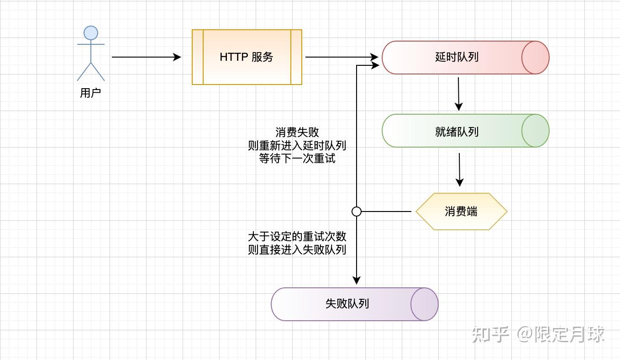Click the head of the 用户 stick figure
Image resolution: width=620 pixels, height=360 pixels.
(x=91, y=33)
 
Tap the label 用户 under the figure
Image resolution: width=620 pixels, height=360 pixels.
(x=90, y=93)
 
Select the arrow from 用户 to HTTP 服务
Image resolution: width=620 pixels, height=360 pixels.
(x=146, y=57)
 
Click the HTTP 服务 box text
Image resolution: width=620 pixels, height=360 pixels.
(x=247, y=57)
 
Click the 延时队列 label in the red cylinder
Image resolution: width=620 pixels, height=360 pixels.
(x=457, y=58)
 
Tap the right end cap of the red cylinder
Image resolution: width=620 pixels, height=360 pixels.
(x=536, y=58)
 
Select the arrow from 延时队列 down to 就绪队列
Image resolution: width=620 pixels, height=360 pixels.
(x=459, y=94)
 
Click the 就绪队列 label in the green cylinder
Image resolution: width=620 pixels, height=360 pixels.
(x=457, y=132)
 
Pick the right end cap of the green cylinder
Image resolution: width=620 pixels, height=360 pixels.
(x=536, y=131)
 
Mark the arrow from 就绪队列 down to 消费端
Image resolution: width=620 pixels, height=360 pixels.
(x=459, y=169)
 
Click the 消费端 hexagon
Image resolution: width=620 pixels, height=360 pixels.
(x=461, y=212)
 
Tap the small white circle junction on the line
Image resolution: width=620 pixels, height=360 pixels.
(x=357, y=212)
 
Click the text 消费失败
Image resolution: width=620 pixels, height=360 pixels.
(x=297, y=132)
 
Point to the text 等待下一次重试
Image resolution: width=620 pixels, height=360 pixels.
(x=297, y=159)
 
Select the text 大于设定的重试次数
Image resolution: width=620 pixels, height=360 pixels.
(x=297, y=237)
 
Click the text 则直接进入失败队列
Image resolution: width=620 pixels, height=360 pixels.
(x=297, y=250)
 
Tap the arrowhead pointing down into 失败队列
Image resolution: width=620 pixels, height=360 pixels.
(x=357, y=280)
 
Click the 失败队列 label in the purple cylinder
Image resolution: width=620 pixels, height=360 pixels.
(x=347, y=304)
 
